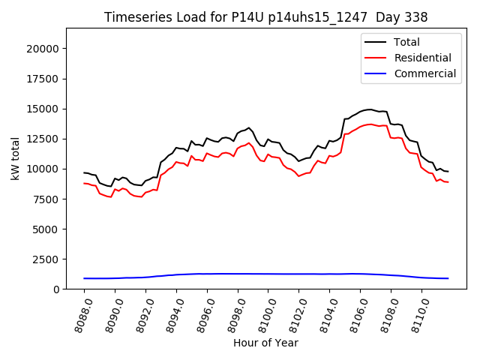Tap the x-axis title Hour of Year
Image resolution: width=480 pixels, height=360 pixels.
[x=265, y=343]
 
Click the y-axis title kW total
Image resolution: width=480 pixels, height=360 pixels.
[x=15, y=158]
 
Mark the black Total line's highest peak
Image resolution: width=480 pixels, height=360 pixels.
[x=368, y=109]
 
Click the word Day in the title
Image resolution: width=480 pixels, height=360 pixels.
[x=382, y=17]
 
